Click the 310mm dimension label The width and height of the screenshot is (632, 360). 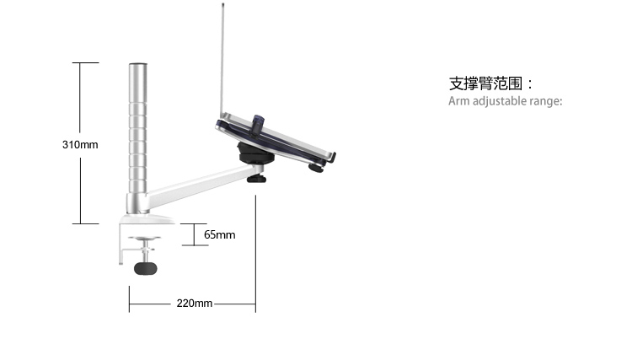pos(80,145)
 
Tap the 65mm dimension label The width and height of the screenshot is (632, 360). pos(220,234)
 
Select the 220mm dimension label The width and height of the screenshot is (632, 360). pos(195,304)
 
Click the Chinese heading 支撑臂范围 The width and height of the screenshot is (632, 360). pos(485,83)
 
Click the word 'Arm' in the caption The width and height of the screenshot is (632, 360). pos(459,101)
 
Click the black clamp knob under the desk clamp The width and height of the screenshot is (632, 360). pos(146,268)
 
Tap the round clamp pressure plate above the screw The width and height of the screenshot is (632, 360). pos(144,239)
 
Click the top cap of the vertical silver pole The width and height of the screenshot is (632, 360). pos(138,65)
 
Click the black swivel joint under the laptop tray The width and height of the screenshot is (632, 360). pos(254,153)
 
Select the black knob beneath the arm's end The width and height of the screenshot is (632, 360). pos(257,178)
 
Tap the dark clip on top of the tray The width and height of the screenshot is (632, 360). pos(258,126)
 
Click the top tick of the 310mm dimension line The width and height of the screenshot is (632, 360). pos(85,63)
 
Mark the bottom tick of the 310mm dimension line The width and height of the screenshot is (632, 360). pos(85,223)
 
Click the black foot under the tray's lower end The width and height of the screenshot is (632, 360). pos(316,168)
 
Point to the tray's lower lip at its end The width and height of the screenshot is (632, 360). pos(332,157)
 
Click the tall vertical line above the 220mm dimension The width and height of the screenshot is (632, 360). pos(255,254)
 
